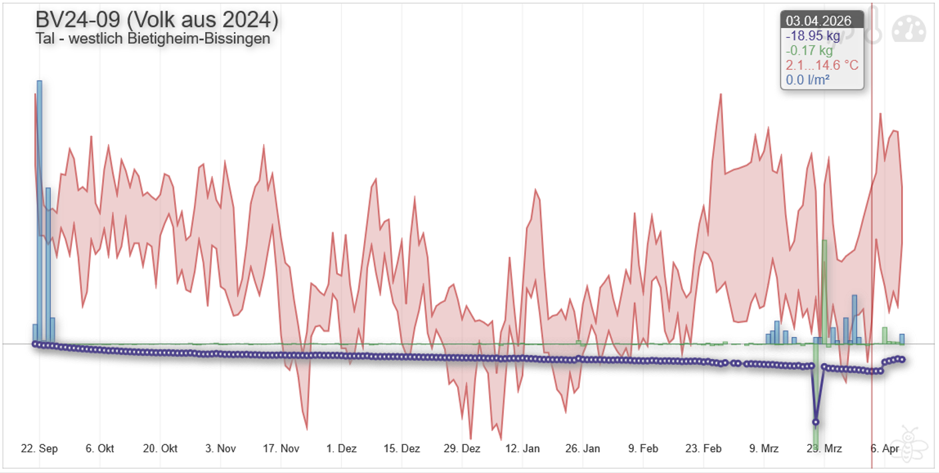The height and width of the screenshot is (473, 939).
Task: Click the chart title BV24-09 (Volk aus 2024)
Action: [157, 19]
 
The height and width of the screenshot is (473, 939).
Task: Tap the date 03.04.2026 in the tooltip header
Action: [818, 21]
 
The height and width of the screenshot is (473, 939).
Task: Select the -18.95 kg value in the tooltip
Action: [813, 36]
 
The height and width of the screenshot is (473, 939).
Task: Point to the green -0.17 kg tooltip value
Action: [809, 51]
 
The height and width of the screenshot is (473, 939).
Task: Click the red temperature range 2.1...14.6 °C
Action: [822, 65]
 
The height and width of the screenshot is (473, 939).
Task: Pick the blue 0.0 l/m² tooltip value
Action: [808, 80]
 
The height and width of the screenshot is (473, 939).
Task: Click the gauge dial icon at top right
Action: [909, 29]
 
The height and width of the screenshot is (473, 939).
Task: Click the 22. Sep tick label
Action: [39, 448]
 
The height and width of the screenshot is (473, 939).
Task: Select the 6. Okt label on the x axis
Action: [99, 448]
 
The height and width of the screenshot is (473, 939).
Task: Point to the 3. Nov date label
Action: [221, 448]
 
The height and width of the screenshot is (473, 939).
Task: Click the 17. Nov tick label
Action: [281, 448]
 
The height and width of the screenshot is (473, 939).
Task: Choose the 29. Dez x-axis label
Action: [463, 448]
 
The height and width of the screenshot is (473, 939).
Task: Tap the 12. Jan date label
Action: [522, 448]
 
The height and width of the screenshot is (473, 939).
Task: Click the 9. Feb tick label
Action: [643, 448]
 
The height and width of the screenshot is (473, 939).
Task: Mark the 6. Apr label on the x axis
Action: [886, 448]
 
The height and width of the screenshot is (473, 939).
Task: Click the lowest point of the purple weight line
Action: [815, 422]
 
